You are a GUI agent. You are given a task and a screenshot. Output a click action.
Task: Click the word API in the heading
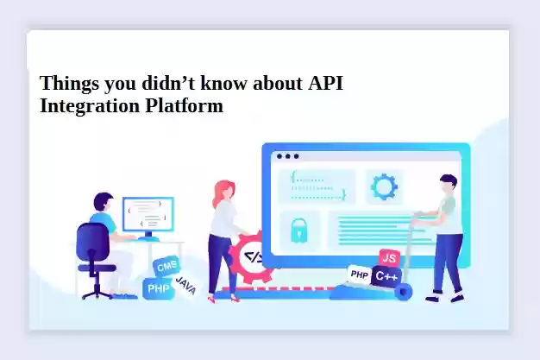pos(325,83)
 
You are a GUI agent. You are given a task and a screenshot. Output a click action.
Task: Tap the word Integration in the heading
pos(89,106)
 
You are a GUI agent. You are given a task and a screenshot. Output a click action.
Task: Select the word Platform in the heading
pos(185,105)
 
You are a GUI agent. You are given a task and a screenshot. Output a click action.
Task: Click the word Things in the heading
pos(69,84)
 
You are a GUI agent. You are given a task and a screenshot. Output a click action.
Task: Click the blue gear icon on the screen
pos(384,186)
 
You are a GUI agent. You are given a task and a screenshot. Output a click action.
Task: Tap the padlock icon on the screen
pos(299,231)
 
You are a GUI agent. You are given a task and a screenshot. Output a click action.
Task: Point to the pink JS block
pos(390,257)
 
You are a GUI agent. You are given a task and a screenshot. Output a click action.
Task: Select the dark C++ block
pos(386,276)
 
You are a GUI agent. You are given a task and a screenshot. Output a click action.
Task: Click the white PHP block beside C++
pos(359,275)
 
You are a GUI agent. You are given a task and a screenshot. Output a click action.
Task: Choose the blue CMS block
pos(166,266)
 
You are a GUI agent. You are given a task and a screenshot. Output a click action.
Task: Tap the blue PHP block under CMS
pos(159,288)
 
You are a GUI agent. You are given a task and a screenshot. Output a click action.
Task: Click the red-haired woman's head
pos(225,192)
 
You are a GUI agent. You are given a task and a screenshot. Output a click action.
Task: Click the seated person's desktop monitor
pos(148,214)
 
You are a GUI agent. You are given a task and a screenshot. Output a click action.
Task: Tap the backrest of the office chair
pos(92,240)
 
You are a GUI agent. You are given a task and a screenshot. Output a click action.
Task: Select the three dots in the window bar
pos(287,156)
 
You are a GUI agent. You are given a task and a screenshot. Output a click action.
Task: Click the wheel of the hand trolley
pos(404,292)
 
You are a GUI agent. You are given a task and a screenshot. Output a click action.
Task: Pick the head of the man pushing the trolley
pos(448,185)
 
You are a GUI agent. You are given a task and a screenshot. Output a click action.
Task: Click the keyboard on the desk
pos(148,238)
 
